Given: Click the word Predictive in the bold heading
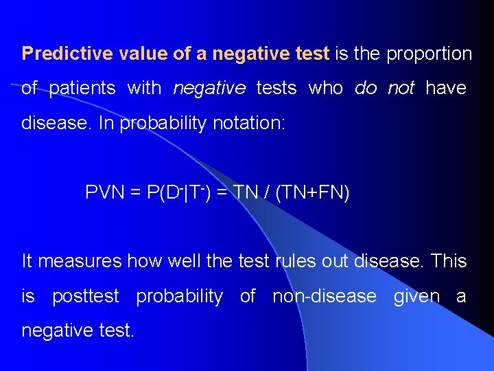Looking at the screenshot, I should click(x=58, y=54).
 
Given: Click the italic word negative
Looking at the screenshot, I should click(x=209, y=89).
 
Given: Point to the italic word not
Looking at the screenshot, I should click(x=401, y=89).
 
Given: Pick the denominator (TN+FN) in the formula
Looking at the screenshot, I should click(x=312, y=193).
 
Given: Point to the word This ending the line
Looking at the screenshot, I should click(x=450, y=262).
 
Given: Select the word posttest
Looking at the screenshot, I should click(x=86, y=297).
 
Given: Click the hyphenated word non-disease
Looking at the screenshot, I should click(x=325, y=297).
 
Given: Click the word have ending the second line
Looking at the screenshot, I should click(x=446, y=89).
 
